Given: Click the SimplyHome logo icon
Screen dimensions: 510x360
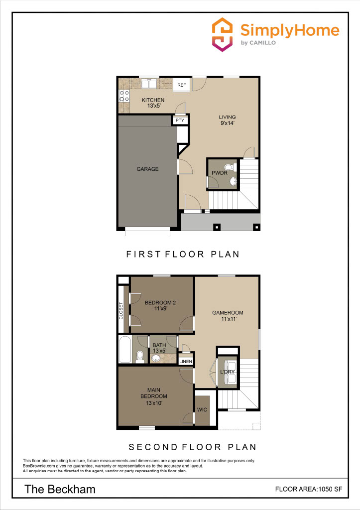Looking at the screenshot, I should tap(222, 33).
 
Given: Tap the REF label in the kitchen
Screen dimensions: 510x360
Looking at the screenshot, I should tap(181, 85).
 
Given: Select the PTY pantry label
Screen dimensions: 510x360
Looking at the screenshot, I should tap(179, 120).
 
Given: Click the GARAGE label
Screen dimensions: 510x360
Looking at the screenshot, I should tap(147, 169).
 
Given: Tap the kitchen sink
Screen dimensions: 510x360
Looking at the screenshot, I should tap(149, 83).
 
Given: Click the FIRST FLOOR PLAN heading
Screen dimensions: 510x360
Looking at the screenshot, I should tap(183, 254).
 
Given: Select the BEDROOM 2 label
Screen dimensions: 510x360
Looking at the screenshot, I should tap(160, 305).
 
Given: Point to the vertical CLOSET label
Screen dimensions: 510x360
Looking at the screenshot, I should tap(121, 311).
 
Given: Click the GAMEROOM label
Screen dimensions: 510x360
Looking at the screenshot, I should tap(228, 316).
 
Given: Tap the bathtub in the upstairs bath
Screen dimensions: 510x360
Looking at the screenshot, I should tap(125, 350).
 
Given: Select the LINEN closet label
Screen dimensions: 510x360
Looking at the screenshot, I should tap(186, 361).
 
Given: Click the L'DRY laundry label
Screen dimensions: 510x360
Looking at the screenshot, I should tap(227, 372).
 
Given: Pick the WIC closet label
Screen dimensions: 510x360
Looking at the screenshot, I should tap(202, 410).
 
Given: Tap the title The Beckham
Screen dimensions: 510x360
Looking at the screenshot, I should tap(60, 490).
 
